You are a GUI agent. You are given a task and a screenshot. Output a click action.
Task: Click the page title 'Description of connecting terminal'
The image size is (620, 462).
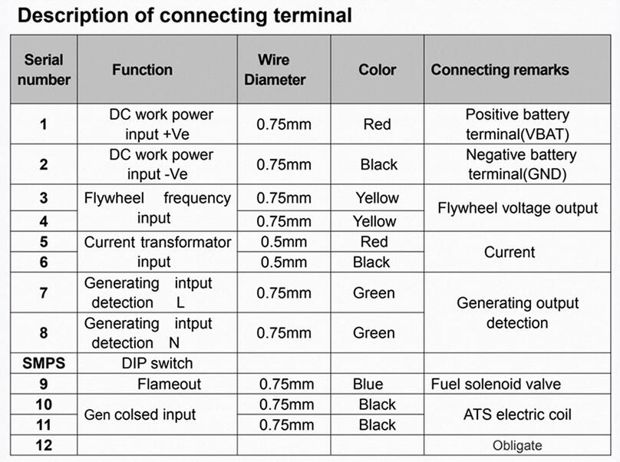(185, 16)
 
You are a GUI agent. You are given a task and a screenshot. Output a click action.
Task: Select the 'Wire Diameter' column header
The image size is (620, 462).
(275, 70)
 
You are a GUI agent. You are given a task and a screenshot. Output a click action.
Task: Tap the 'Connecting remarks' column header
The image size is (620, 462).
(500, 70)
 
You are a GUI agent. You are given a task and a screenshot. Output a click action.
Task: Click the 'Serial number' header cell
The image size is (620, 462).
(44, 70)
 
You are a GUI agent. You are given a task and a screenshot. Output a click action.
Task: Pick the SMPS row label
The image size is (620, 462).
(44, 363)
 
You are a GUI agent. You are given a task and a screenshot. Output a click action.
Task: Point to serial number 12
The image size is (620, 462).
(44, 445)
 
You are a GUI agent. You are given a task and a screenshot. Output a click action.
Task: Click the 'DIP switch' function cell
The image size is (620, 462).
(157, 363)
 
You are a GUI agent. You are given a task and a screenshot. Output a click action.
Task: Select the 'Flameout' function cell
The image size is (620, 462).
(170, 384)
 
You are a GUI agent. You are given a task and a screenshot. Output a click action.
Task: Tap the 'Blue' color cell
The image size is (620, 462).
(368, 384)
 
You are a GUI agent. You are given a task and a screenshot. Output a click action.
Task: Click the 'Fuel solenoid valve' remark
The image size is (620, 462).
(496, 384)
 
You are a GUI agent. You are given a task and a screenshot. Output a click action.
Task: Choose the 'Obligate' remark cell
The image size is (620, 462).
(517, 445)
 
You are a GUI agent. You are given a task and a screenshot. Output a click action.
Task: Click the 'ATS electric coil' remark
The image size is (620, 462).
(517, 414)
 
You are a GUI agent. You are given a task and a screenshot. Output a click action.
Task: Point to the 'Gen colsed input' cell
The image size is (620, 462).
(140, 414)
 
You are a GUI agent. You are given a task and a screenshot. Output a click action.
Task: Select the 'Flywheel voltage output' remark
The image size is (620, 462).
(517, 208)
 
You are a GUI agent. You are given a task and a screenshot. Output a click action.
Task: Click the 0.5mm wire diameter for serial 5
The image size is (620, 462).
(283, 242)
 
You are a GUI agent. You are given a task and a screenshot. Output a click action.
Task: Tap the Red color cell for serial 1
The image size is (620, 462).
(378, 124)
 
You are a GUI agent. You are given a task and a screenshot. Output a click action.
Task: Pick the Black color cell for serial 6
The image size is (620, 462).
(371, 262)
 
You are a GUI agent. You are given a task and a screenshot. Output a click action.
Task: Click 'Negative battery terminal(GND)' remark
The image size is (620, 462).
(520, 164)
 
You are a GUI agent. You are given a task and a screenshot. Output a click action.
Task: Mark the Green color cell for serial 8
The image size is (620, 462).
(374, 333)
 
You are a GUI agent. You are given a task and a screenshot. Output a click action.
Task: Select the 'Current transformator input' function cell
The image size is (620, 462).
(157, 252)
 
